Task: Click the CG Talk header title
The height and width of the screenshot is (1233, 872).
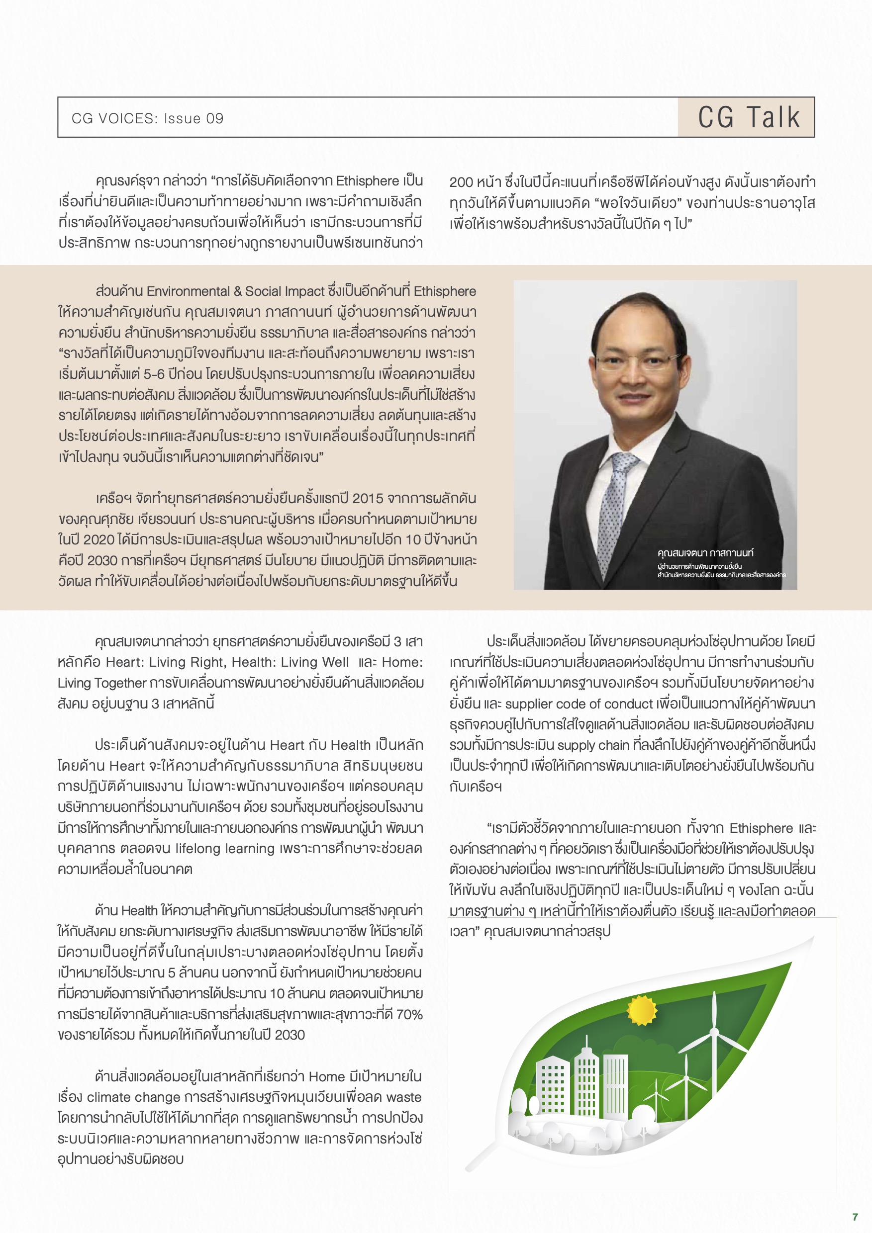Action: tap(749, 117)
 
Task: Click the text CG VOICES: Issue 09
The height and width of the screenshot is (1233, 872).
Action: tap(147, 119)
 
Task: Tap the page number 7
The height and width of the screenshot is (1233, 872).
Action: tap(855, 1217)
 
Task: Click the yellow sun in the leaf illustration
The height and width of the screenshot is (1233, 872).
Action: tap(642, 1010)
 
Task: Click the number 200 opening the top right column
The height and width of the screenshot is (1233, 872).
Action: tap(461, 182)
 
